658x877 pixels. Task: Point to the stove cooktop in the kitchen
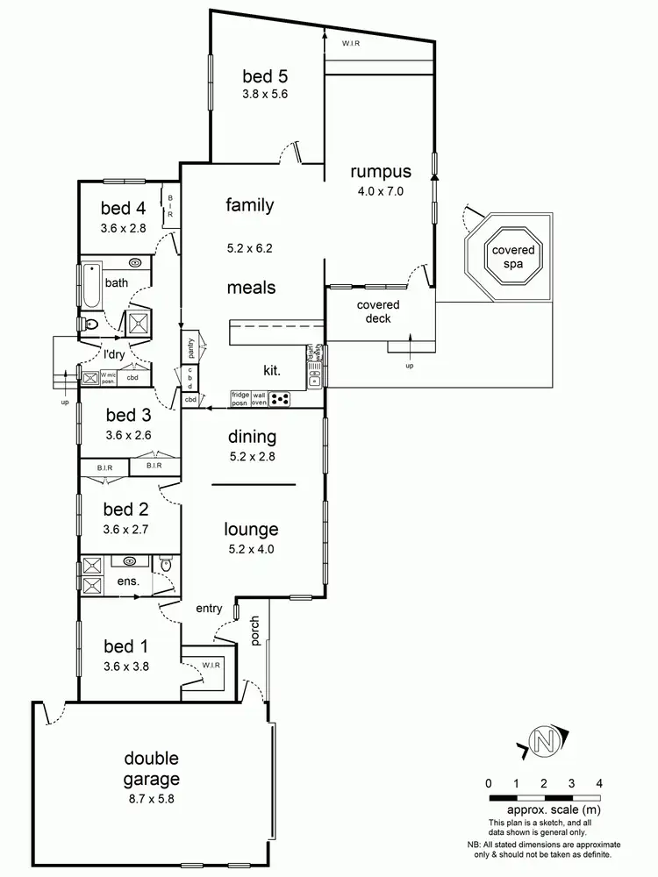[281, 399]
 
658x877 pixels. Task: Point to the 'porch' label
[256, 633]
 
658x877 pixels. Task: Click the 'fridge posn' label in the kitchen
[240, 399]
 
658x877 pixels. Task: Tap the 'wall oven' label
[260, 399]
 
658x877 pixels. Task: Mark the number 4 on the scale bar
[598, 782]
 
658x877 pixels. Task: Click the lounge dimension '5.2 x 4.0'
[251, 549]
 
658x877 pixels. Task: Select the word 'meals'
[251, 288]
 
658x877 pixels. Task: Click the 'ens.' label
[118, 581]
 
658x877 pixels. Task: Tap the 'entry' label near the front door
[210, 608]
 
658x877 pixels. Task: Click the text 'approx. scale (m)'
[544, 811]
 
